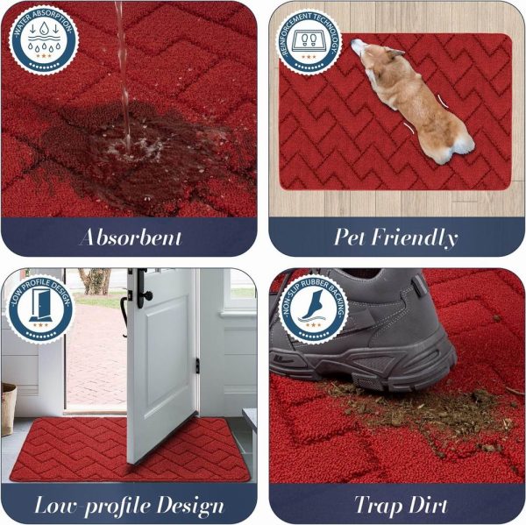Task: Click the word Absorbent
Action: [131, 238]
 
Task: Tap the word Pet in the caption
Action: [349, 237]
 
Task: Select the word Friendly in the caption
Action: [415, 238]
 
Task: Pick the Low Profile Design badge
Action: [40, 309]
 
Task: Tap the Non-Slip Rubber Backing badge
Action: [313, 311]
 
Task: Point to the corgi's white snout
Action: [358, 46]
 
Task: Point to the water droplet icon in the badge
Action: [45, 28]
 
